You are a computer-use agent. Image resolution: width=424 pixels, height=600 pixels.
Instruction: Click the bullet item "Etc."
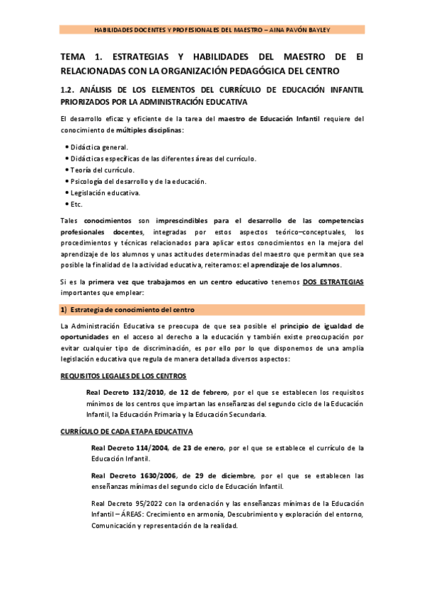(x=76, y=204)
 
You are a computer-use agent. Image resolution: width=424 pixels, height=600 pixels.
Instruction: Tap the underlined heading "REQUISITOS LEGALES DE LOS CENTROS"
(x=123, y=375)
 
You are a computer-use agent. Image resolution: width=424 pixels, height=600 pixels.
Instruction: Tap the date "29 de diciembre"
(x=225, y=475)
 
